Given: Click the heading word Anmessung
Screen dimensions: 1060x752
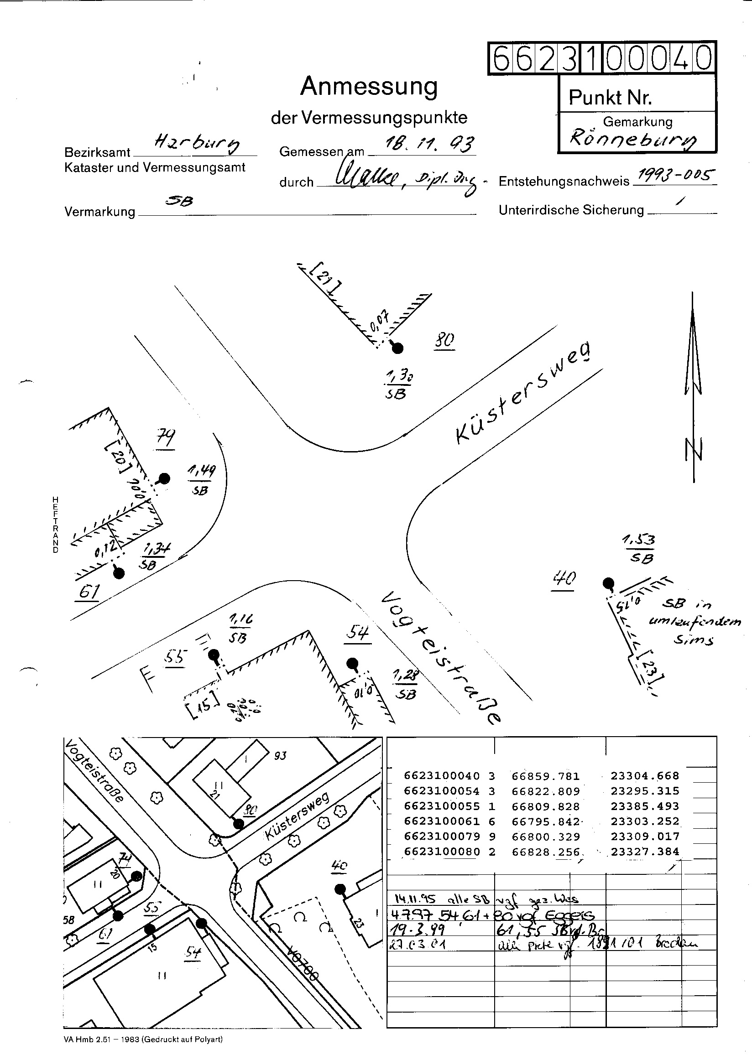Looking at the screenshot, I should coord(369,87).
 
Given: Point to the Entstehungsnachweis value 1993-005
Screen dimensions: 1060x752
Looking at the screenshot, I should coord(676,176).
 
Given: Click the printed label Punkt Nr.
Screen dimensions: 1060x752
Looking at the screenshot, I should coord(610,97).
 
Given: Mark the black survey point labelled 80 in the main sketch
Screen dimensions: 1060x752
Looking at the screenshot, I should coord(397,348).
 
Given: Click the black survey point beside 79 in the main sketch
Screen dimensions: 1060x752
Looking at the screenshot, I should coord(164,478).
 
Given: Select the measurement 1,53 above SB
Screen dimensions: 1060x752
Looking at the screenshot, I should coord(638,540).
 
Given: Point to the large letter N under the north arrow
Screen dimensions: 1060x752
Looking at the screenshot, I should coord(694,449).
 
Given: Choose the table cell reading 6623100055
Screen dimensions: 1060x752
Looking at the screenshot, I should coord(442,806).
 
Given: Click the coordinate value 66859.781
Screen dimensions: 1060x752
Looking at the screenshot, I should coord(545,776).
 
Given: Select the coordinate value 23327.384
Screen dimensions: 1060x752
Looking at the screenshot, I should coord(645,851).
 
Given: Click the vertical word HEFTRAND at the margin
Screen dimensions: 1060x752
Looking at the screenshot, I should coord(56,525).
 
